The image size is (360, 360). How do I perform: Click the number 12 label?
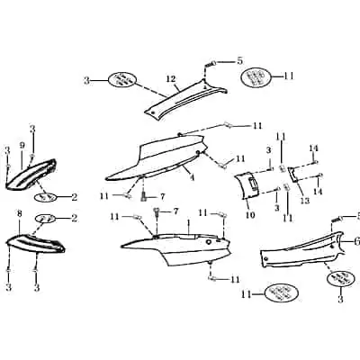[171, 79]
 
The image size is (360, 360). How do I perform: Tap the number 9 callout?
[22, 145]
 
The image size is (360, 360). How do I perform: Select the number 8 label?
[20, 214]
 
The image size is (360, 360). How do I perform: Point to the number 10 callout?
[250, 215]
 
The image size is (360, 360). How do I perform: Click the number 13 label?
[305, 201]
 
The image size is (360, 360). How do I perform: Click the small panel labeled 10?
[247, 185]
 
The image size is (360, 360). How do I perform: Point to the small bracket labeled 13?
[293, 175]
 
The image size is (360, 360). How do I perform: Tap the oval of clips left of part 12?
[122, 80]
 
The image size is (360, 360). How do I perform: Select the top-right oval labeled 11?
[256, 77]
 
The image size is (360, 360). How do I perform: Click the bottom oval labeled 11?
[282, 292]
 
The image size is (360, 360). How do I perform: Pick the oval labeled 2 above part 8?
[46, 219]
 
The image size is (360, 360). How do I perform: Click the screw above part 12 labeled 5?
[210, 64]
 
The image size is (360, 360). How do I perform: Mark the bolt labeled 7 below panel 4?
[144, 197]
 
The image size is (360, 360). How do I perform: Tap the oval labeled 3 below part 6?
[341, 278]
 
